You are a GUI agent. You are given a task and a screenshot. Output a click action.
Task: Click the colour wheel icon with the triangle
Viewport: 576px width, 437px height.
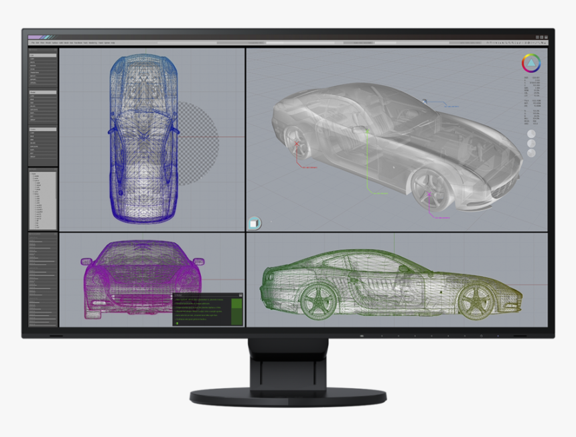[x=531, y=64]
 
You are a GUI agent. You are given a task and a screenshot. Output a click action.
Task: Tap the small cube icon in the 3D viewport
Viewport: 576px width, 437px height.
[x=254, y=224]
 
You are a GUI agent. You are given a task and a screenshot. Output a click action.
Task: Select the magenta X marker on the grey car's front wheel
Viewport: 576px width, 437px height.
[x=429, y=196]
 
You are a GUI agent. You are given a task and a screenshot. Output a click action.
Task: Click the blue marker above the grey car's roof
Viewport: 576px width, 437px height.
[x=425, y=100]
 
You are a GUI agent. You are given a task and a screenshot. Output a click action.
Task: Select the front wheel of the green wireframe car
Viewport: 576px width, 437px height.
[x=476, y=301]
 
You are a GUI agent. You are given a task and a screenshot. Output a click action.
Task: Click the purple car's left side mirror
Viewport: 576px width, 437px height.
[x=86, y=260]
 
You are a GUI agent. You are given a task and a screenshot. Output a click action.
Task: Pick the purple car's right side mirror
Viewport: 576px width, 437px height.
[x=199, y=261]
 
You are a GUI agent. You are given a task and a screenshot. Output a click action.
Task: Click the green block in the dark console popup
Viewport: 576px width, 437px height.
[x=236, y=311]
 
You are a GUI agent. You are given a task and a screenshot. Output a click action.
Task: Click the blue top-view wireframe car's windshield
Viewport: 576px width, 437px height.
[x=143, y=120]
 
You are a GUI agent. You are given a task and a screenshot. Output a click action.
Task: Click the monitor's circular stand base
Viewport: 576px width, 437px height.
[x=288, y=396]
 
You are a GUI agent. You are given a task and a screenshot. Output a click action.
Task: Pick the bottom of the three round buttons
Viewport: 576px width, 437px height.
[x=531, y=153]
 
